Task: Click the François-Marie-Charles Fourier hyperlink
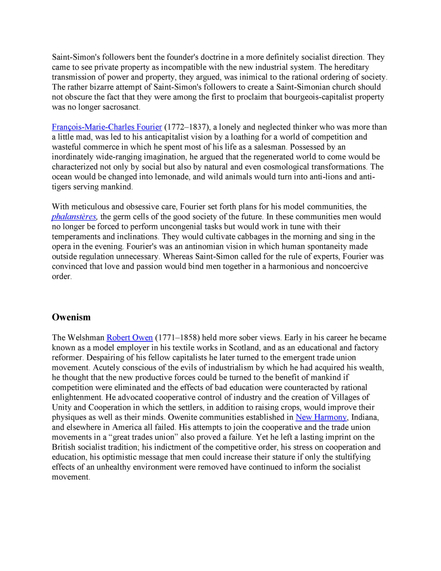[107, 127]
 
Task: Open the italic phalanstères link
[74, 217]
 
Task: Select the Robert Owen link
[130, 337]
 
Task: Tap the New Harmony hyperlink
[321, 417]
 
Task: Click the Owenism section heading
[71, 317]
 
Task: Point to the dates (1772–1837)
[187, 127]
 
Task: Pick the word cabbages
[253, 237]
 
